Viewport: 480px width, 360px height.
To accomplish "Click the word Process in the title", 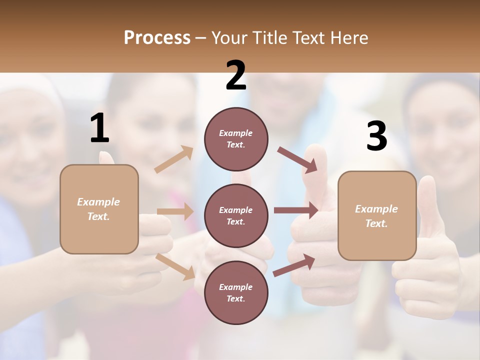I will point(157,37).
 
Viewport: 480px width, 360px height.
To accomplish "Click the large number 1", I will point(99,128).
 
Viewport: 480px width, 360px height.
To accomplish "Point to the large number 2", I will point(236,75).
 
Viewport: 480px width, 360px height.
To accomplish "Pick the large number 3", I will point(376,136).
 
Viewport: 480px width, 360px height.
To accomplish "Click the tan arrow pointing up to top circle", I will point(174,159).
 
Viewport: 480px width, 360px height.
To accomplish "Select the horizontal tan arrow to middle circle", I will point(175,211).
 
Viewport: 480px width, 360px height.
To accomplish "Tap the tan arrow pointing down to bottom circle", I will point(175,266).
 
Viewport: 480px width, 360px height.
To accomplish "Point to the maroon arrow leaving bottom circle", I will point(294,265).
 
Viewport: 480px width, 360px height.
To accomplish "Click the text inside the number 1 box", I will point(98,209).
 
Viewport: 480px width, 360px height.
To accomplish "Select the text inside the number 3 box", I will point(376,216).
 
